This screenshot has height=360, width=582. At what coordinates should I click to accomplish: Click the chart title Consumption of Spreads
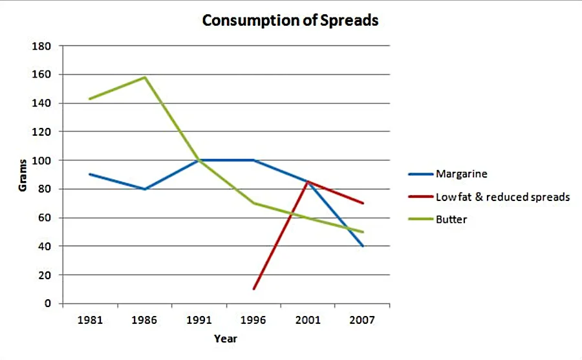290,21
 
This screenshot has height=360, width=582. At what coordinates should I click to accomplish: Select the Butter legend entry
451,219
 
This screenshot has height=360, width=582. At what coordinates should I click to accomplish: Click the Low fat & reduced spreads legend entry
502,196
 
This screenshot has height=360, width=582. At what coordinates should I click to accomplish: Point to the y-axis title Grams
23,175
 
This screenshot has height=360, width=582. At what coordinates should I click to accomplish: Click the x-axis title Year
226,339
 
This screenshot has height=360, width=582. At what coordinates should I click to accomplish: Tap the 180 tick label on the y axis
41,47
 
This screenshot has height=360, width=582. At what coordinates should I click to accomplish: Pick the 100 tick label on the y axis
41,160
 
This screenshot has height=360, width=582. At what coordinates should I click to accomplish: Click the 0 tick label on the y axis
47,303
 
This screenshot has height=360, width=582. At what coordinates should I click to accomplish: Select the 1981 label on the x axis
89,320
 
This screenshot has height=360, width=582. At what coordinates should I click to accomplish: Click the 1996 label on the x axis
253,320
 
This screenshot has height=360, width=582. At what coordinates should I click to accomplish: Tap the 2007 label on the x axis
362,320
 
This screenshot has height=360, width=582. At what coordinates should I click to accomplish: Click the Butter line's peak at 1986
144,78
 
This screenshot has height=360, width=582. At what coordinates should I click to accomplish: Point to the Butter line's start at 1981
89,99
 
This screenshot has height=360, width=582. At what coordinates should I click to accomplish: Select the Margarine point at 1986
144,189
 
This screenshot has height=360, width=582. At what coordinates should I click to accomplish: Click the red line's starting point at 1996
253,289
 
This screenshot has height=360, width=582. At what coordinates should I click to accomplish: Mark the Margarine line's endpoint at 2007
363,246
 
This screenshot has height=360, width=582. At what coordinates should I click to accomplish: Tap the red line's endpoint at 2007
363,203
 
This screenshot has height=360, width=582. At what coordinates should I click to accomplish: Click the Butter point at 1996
253,203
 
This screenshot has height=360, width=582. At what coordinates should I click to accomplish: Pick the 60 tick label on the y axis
44,218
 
